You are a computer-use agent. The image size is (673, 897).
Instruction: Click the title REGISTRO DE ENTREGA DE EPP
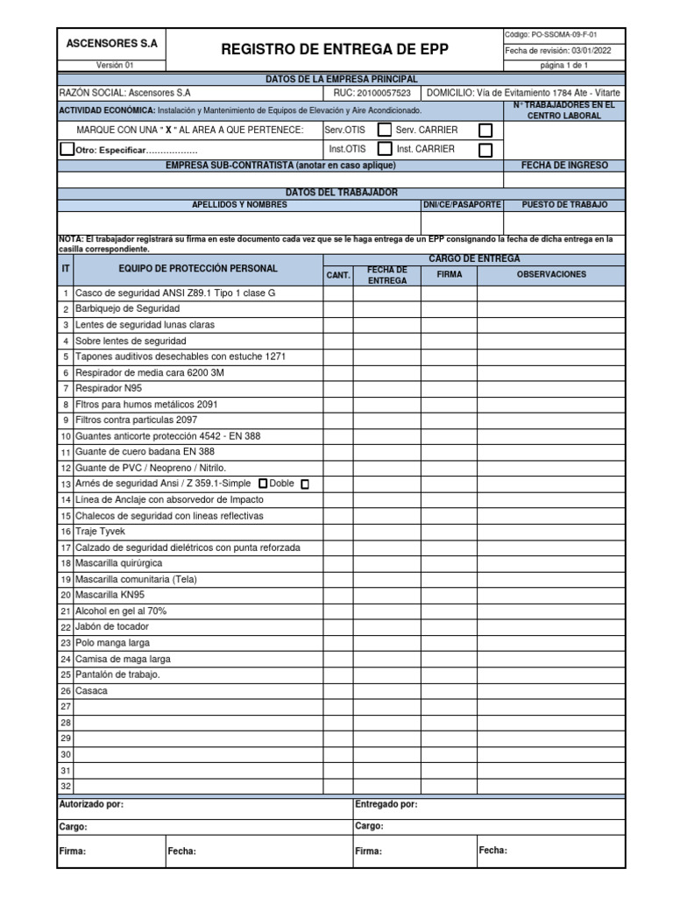tap(334, 50)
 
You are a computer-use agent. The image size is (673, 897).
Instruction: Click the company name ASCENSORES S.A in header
tap(110, 42)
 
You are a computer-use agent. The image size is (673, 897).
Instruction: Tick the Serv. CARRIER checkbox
tap(485, 131)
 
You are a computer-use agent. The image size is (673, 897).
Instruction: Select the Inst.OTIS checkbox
tap(384, 149)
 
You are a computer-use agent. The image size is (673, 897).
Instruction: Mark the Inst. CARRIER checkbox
tap(485, 150)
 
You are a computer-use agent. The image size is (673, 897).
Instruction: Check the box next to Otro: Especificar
tap(67, 149)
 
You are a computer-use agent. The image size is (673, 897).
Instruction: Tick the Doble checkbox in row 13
tap(305, 484)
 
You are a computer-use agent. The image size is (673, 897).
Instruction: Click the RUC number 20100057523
tap(385, 92)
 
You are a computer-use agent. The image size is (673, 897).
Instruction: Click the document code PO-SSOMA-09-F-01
tap(565, 34)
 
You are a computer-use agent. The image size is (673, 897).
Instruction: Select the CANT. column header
tap(338, 275)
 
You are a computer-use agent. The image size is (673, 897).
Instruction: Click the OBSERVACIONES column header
tap(551, 274)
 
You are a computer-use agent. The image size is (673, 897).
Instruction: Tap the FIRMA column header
tap(449, 274)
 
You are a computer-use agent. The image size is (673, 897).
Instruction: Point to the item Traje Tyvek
tap(101, 532)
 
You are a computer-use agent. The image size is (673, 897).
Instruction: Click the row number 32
tap(65, 786)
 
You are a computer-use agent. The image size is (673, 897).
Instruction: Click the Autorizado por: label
tap(91, 804)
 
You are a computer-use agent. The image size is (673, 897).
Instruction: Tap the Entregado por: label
tap(386, 804)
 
